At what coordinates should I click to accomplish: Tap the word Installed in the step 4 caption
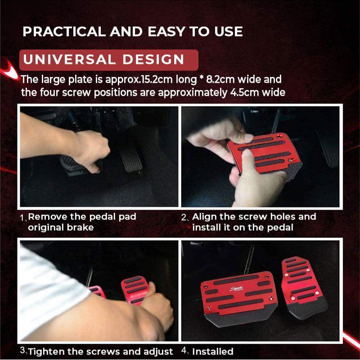pyautogui.click(x=213, y=351)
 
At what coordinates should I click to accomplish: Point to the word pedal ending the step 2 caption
pyautogui.click(x=279, y=228)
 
